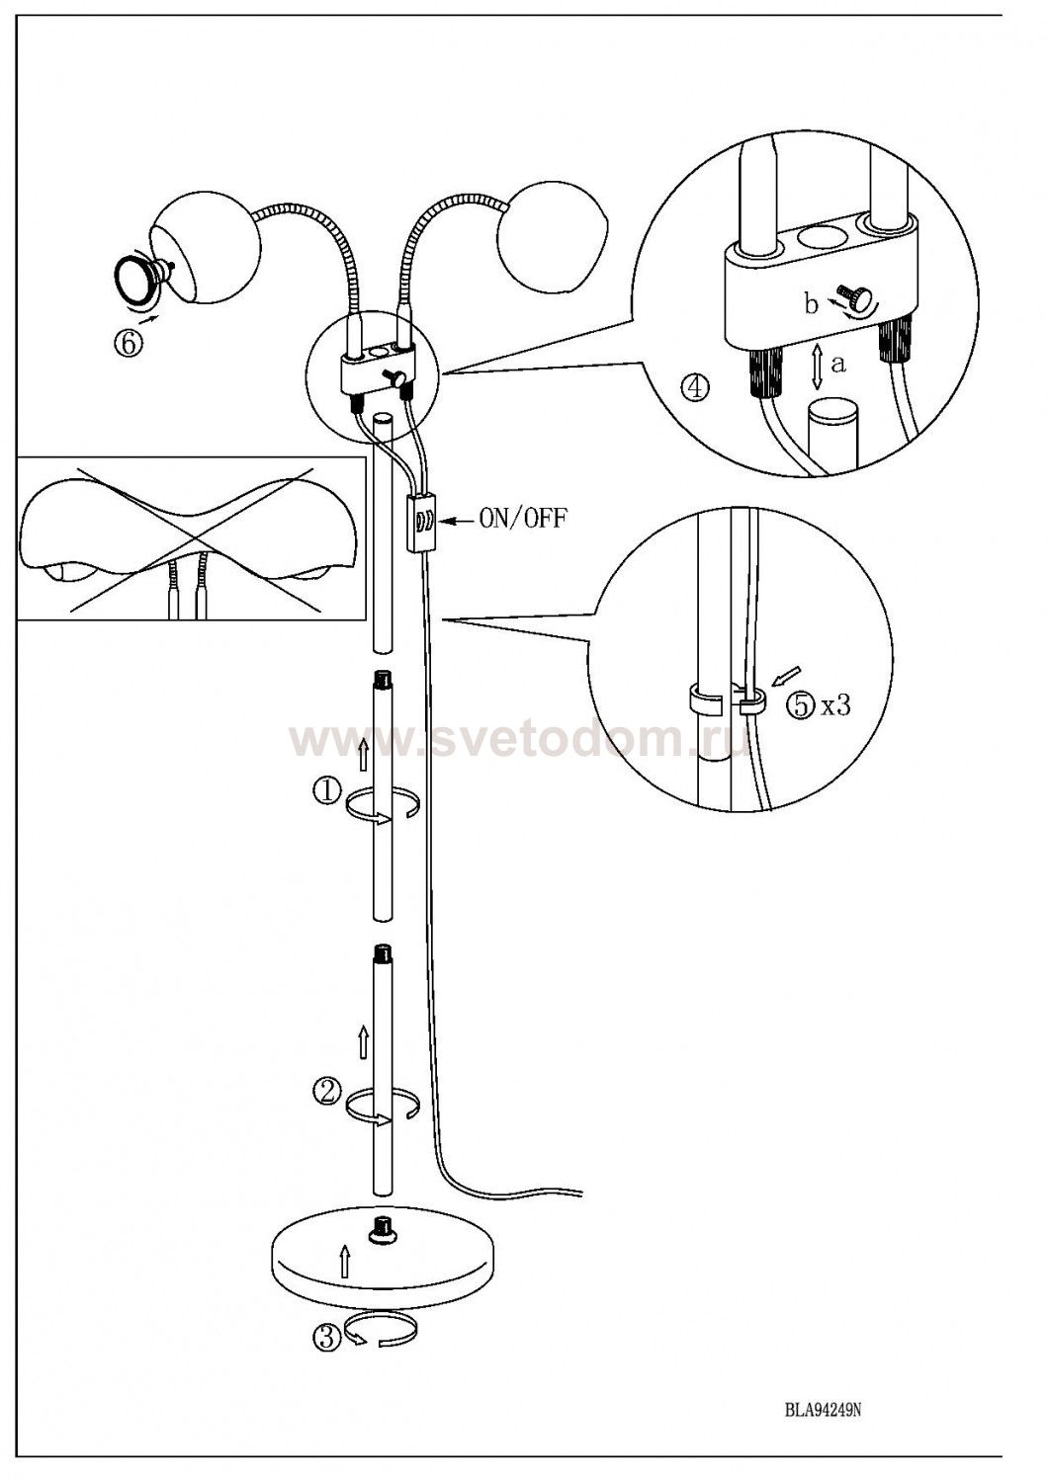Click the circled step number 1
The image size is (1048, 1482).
[327, 792]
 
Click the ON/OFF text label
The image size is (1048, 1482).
[522, 520]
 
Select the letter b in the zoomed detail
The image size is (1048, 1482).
[812, 305]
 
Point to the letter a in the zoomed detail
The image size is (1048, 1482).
[837, 364]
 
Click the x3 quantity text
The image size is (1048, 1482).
[834, 706]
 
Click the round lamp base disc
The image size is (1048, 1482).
[385, 1254]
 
